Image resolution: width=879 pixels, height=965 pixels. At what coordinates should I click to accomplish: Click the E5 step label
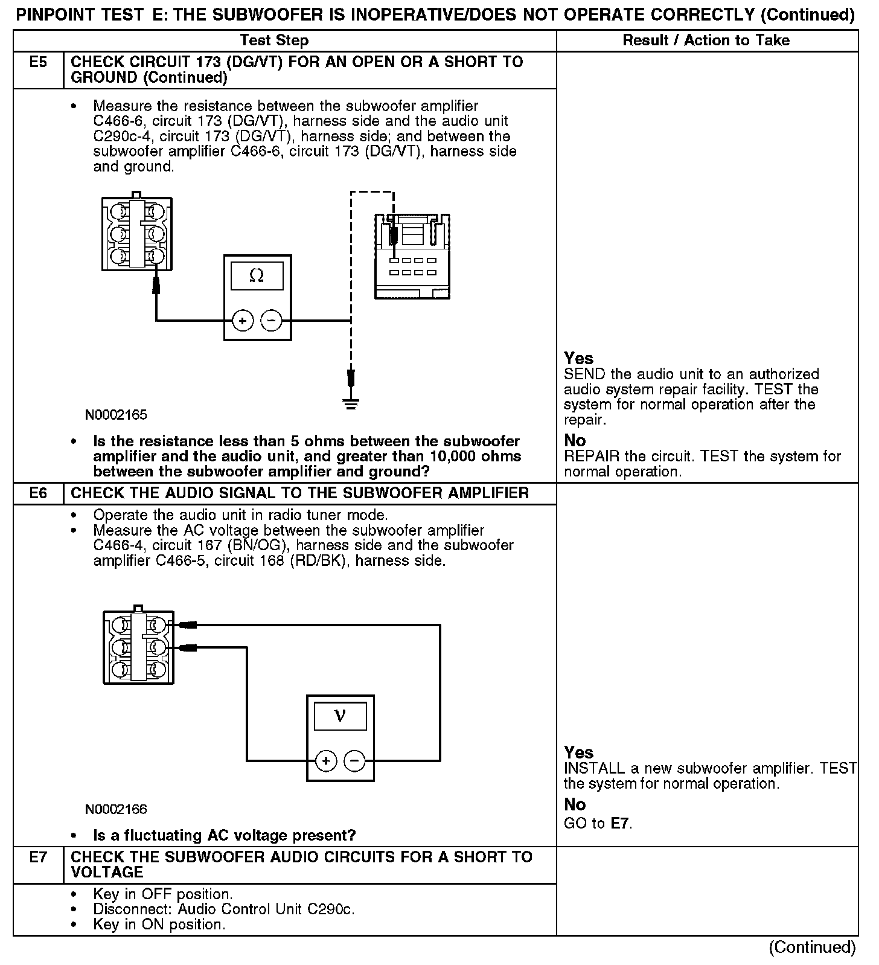pyautogui.click(x=38, y=62)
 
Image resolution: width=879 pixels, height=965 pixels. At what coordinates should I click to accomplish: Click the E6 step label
pyautogui.click(x=38, y=493)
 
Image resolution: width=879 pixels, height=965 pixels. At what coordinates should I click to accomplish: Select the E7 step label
pyautogui.click(x=38, y=857)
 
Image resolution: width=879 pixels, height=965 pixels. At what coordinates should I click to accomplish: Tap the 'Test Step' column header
pyautogui.click(x=274, y=40)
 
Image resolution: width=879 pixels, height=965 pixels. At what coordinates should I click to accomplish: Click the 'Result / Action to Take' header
pyautogui.click(x=706, y=40)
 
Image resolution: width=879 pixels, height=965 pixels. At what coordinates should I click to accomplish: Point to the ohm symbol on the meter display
pyautogui.click(x=257, y=276)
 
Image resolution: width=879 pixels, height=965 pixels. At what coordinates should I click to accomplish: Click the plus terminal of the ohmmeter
pyautogui.click(x=243, y=321)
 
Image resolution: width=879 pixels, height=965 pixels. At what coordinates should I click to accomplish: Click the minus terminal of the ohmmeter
pyautogui.click(x=271, y=321)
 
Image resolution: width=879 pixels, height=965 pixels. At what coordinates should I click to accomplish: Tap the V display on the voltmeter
pyautogui.click(x=340, y=716)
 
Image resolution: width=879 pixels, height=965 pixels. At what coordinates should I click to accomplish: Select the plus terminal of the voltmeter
pyautogui.click(x=326, y=761)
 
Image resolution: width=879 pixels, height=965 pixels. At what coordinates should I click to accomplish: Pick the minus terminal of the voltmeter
pyautogui.click(x=354, y=761)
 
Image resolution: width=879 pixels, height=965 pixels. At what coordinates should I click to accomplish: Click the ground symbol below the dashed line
pyautogui.click(x=351, y=402)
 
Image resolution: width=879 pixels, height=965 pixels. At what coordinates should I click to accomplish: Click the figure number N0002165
pyautogui.click(x=116, y=415)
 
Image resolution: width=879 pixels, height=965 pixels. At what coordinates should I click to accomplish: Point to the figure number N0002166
pyautogui.click(x=116, y=809)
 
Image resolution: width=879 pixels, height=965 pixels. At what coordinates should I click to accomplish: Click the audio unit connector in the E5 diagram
pyautogui.click(x=412, y=256)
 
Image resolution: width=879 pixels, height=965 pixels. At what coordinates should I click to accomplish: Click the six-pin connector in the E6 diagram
pyautogui.click(x=139, y=647)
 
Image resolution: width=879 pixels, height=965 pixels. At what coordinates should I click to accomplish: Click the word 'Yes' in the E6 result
pyautogui.click(x=578, y=752)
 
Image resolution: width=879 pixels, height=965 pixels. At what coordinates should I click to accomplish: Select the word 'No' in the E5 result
pyautogui.click(x=575, y=440)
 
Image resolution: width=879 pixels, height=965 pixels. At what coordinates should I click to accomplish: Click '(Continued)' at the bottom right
pyautogui.click(x=812, y=947)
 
